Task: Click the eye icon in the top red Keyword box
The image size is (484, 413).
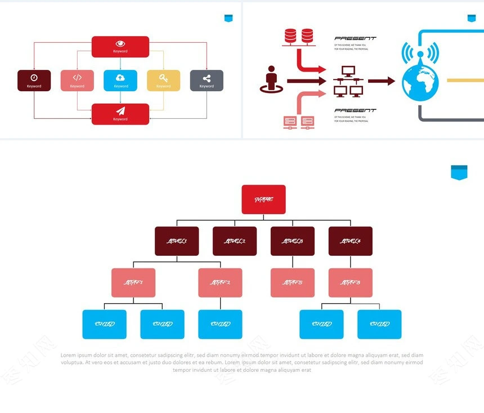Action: pyautogui.click(x=120, y=43)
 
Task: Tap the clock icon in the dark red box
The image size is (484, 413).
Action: pyautogui.click(x=34, y=78)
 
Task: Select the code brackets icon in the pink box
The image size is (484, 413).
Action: pyautogui.click(x=77, y=78)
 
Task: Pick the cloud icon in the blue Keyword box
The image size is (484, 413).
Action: pyautogui.click(x=120, y=78)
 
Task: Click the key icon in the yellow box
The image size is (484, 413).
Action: pyautogui.click(x=163, y=78)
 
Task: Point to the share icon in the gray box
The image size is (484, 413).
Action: pyautogui.click(x=207, y=78)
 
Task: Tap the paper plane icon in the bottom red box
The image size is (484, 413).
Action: pyautogui.click(x=120, y=111)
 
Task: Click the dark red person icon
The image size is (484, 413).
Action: pyautogui.click(x=271, y=79)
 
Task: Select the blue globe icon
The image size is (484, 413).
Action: pyautogui.click(x=420, y=82)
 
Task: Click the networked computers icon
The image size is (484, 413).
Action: pyautogui.click(x=347, y=81)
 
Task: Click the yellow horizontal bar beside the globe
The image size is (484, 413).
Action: pyautogui.click(x=465, y=81)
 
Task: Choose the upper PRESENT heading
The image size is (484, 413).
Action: pyautogui.click(x=355, y=39)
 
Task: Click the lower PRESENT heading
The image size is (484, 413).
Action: pyautogui.click(x=355, y=110)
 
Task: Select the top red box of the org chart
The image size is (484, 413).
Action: pyautogui.click(x=264, y=199)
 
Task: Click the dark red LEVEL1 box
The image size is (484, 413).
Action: pyautogui.click(x=177, y=241)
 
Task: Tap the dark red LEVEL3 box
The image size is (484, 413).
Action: pyautogui.click(x=293, y=241)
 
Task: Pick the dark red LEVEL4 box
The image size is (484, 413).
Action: pyautogui.click(x=351, y=241)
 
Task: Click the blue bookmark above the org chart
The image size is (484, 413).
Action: pyautogui.click(x=459, y=172)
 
